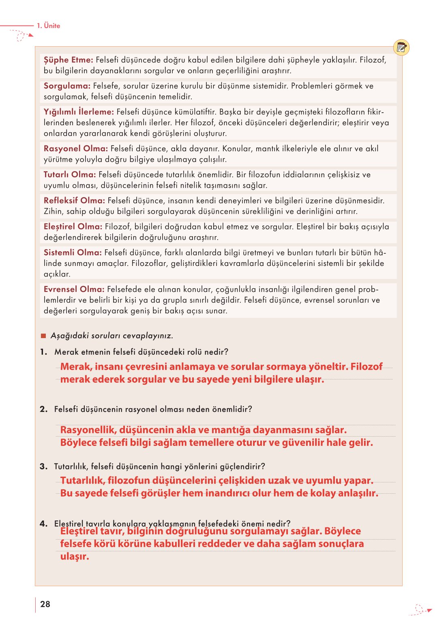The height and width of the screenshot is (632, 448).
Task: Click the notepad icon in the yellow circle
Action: coord(401,48)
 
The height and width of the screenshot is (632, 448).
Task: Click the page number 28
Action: coord(45,604)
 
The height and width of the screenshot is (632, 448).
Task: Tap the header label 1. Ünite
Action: coord(48,26)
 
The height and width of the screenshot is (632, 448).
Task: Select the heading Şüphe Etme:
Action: coord(69,60)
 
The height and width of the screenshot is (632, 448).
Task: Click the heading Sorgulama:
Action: coord(67,86)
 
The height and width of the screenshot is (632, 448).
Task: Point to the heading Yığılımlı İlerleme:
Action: coord(79,112)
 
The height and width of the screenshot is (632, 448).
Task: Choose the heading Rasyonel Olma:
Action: coord(76,149)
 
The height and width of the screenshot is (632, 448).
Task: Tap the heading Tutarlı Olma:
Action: coord(70,175)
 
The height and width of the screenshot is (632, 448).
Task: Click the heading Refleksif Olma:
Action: coord(74,201)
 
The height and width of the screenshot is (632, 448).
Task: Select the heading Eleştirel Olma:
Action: coord(73,227)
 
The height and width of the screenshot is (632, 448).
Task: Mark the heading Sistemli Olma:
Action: coord(73,253)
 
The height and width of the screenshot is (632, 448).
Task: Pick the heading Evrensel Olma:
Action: coord(74,289)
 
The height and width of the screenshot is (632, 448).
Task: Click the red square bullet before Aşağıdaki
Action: coord(43,336)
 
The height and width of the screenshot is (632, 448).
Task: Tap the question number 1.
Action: coord(43,352)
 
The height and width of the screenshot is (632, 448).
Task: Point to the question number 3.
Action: coord(43,467)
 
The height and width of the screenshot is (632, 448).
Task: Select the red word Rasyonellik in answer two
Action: coord(88,430)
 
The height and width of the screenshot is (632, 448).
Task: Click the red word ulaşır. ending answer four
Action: coord(75,556)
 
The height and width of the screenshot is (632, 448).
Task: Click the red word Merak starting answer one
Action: coord(75,367)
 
